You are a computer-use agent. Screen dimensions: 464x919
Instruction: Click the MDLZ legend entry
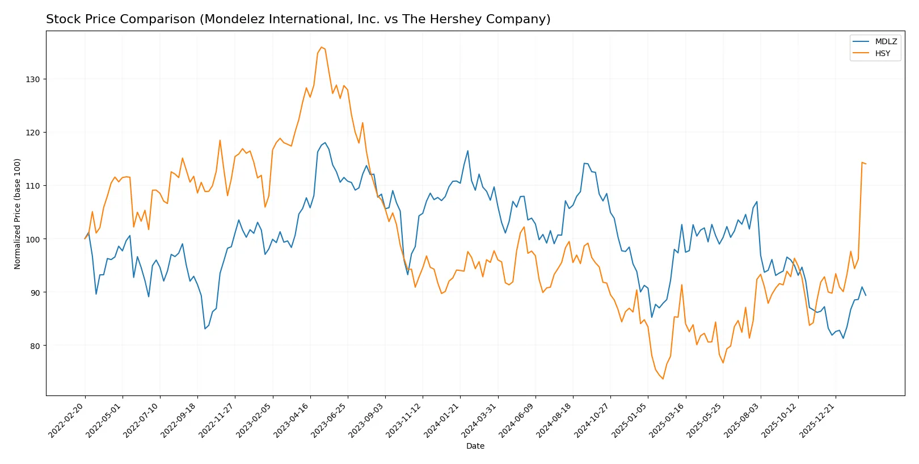(886, 41)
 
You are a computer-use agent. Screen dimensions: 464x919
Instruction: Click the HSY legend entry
(882, 53)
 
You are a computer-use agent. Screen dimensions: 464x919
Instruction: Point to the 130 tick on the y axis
(32, 79)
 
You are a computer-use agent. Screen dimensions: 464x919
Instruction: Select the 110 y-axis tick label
(32, 186)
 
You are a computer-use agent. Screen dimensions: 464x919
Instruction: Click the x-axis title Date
(475, 446)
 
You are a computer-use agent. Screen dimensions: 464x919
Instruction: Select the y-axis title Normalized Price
(18, 214)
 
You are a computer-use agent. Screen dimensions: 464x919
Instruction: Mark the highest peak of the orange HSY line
(321, 47)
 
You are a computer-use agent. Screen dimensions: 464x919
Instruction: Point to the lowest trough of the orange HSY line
(663, 378)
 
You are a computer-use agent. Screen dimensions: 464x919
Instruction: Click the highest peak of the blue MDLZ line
(324, 143)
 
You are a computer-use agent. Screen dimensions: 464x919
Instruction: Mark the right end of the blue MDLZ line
(866, 295)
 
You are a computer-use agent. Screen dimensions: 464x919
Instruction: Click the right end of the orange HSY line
(866, 164)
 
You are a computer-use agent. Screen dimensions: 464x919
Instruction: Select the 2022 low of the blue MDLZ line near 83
(205, 329)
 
